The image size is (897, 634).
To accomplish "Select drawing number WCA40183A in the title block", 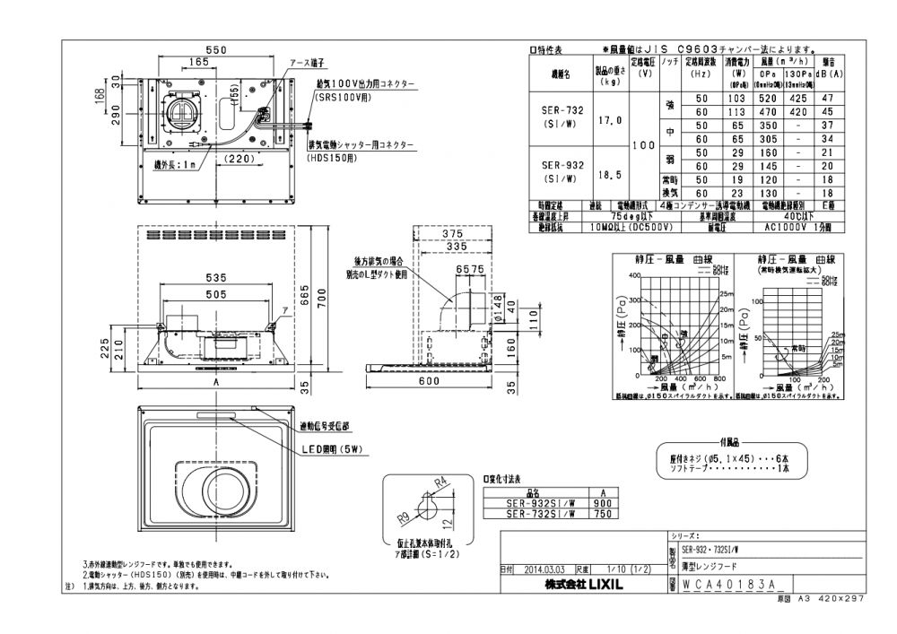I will [x=734, y=583].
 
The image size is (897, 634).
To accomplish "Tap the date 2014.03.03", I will [x=542, y=569].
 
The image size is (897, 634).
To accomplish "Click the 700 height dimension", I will [x=332, y=305].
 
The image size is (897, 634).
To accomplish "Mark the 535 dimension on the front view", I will [x=213, y=278].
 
